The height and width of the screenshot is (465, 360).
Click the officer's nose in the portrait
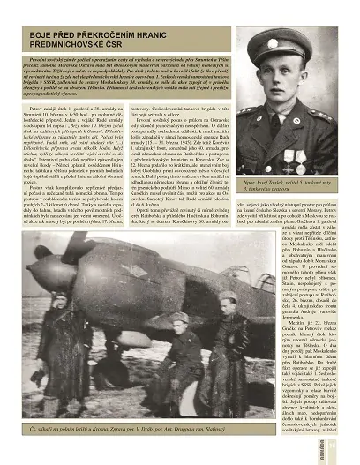click(x=274, y=77)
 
